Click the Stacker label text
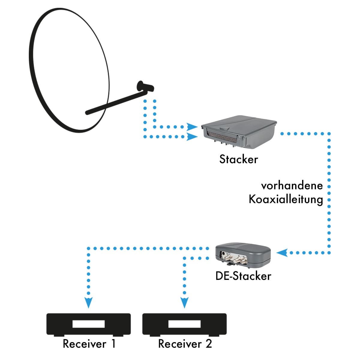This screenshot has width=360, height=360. (x=238, y=159)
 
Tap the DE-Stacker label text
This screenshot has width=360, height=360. (x=243, y=276)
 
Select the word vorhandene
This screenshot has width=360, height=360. (x=292, y=186)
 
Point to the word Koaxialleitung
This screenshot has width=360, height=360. (x=286, y=199)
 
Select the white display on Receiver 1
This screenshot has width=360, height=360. (x=88, y=324)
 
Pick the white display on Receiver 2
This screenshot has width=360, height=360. (x=184, y=324)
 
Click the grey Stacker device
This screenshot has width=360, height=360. (x=239, y=132)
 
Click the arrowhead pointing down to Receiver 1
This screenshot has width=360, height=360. (x=88, y=303)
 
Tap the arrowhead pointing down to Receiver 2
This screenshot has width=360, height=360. (x=184, y=303)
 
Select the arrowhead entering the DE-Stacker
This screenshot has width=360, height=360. (x=282, y=253)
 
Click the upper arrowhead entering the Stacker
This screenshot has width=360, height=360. (x=192, y=127)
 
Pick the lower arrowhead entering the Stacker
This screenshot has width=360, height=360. (x=192, y=137)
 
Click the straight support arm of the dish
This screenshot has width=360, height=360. (x=116, y=103)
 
